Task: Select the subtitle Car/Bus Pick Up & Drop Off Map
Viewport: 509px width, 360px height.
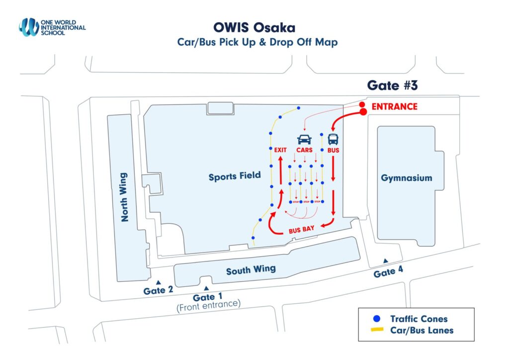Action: [x=257, y=42]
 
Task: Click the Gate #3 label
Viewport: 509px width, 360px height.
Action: [x=392, y=85]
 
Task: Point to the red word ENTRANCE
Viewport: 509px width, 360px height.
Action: [x=394, y=107]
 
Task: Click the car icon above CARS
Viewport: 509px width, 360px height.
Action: [x=304, y=140]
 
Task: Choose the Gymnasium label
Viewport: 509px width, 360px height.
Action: [x=407, y=178]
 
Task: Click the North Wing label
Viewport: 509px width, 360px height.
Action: [x=124, y=197]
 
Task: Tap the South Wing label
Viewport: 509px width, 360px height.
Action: [x=251, y=270]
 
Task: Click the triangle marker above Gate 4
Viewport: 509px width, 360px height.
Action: [x=385, y=261]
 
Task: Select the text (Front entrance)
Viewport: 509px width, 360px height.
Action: [x=208, y=304]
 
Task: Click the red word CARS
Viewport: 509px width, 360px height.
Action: [x=304, y=150]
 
